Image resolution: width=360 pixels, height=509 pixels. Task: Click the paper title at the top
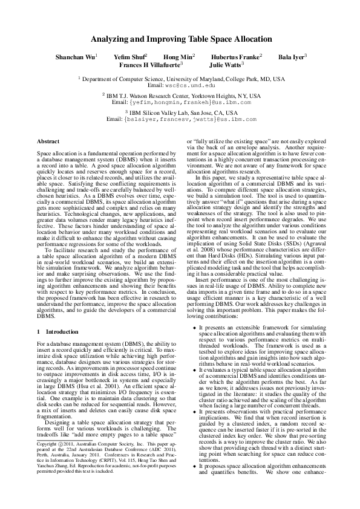pyautogui.click(x=180, y=35)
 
